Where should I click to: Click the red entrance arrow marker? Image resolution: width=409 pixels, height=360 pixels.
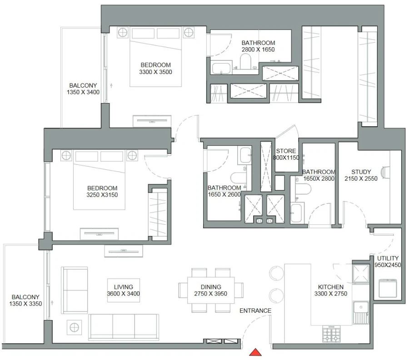pos(256,352)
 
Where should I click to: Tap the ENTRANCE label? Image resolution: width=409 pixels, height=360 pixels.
pos(255,311)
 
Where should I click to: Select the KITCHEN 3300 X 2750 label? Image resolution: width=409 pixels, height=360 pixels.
pos(330,291)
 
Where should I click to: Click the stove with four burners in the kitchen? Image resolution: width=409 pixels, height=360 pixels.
pos(332,335)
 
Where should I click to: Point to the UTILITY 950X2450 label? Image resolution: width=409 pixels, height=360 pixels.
pos(388,261)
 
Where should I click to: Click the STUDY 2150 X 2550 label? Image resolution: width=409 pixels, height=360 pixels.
pos(361,175)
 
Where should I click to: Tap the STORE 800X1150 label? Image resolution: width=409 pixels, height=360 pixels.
pos(286,154)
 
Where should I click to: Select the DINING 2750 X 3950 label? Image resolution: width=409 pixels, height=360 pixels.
pos(211,290)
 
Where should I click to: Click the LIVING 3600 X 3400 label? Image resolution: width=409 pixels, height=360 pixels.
pos(123,290)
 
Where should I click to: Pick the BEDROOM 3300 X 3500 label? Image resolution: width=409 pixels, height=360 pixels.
pos(155,68)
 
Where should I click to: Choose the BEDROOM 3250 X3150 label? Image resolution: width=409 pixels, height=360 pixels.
pos(102,192)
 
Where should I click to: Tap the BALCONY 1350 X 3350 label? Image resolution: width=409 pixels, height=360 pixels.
pos(25,301)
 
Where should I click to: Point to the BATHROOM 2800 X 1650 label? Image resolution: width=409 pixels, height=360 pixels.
pos(258,46)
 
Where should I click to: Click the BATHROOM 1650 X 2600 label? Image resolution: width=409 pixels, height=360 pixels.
pos(224,191)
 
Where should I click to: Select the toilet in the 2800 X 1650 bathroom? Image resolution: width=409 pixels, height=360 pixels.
pos(245,61)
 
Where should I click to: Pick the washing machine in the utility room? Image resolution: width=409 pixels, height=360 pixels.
pos(387,288)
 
